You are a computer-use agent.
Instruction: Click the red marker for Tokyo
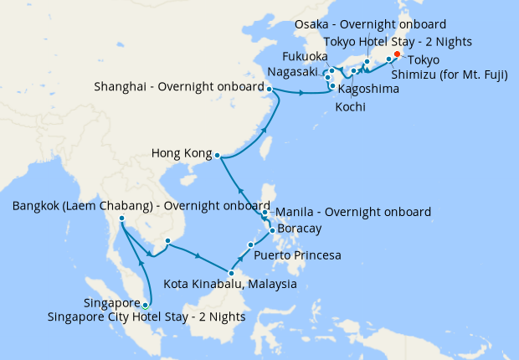pos(397,55)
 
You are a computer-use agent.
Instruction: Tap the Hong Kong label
pos(181,153)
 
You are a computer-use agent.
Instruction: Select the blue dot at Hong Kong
pos(217,155)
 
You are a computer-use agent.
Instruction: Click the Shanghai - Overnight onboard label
pos(179,85)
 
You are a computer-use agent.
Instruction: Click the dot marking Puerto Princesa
pos(250,244)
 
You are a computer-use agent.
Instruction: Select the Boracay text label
pos(299,229)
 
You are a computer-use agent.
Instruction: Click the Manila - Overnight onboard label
pos(352,212)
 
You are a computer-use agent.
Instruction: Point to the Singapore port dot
pos(146,305)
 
